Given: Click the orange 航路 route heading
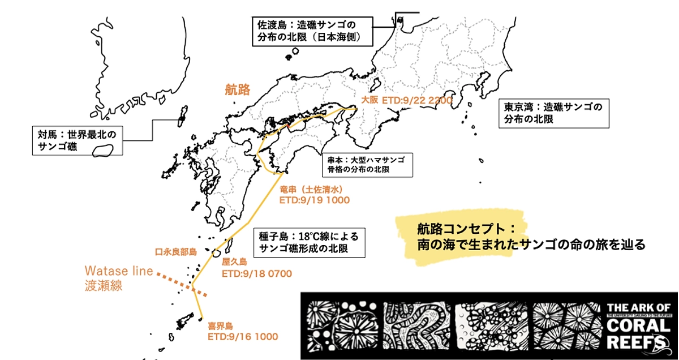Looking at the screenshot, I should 237,89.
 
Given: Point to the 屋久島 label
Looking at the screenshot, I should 235,262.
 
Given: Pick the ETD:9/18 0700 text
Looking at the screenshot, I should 257,274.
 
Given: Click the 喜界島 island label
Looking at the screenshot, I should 220,326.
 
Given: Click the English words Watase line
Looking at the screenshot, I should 119,271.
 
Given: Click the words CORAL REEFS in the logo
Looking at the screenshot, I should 637,334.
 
